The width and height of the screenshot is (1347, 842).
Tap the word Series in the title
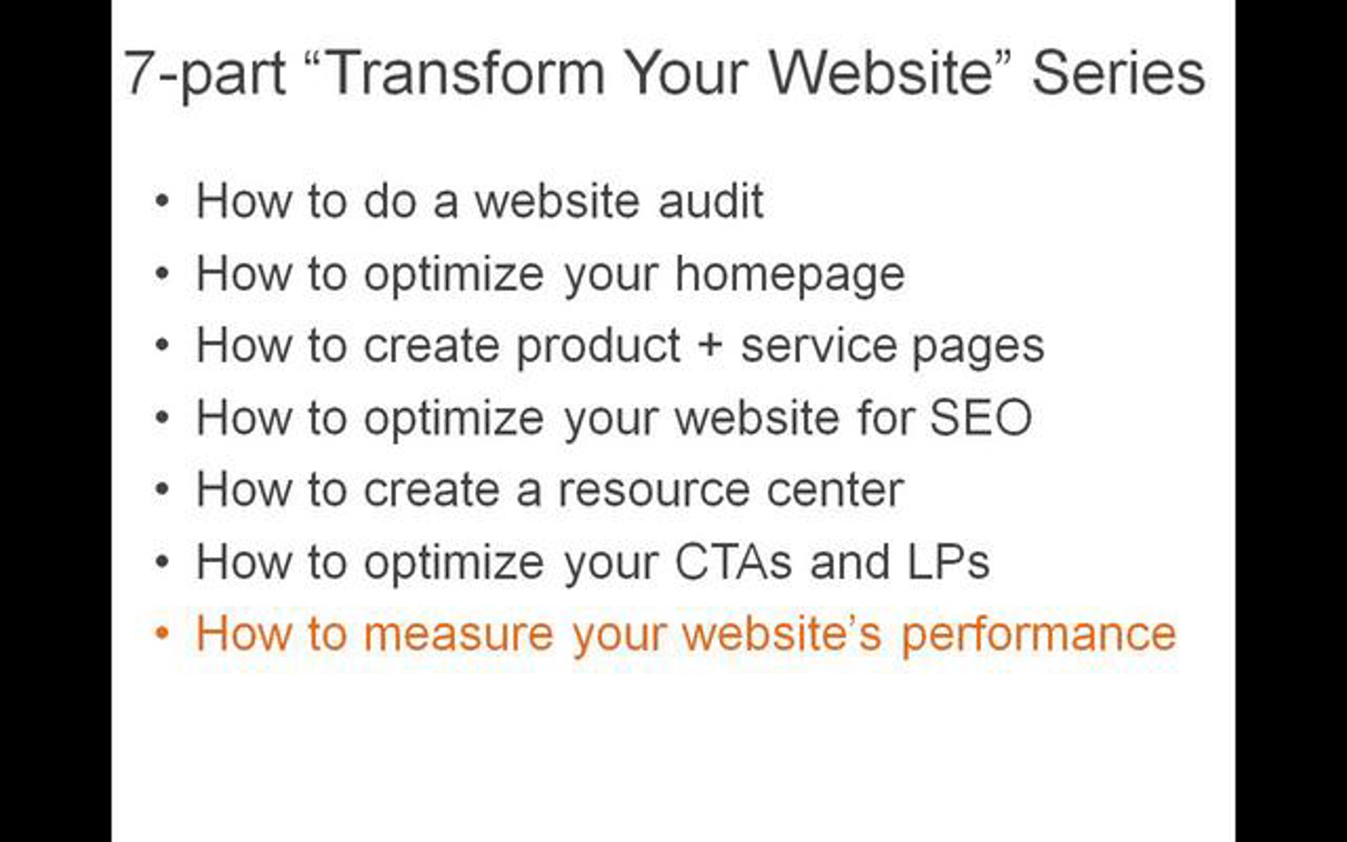[x=1119, y=73]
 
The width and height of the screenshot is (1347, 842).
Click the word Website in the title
[x=881, y=73]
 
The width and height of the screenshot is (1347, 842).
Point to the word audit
[x=711, y=200]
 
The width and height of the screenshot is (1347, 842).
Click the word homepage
[x=790, y=275]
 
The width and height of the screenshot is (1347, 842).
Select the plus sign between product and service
[x=711, y=345]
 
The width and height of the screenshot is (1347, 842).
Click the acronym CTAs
[x=733, y=561]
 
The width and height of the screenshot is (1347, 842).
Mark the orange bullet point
[x=162, y=633]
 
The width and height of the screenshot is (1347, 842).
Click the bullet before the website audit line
[x=162, y=200]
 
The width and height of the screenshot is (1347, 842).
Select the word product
[x=598, y=347]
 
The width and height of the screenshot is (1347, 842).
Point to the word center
[x=835, y=491]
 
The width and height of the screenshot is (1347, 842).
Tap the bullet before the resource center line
[x=162, y=489]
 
